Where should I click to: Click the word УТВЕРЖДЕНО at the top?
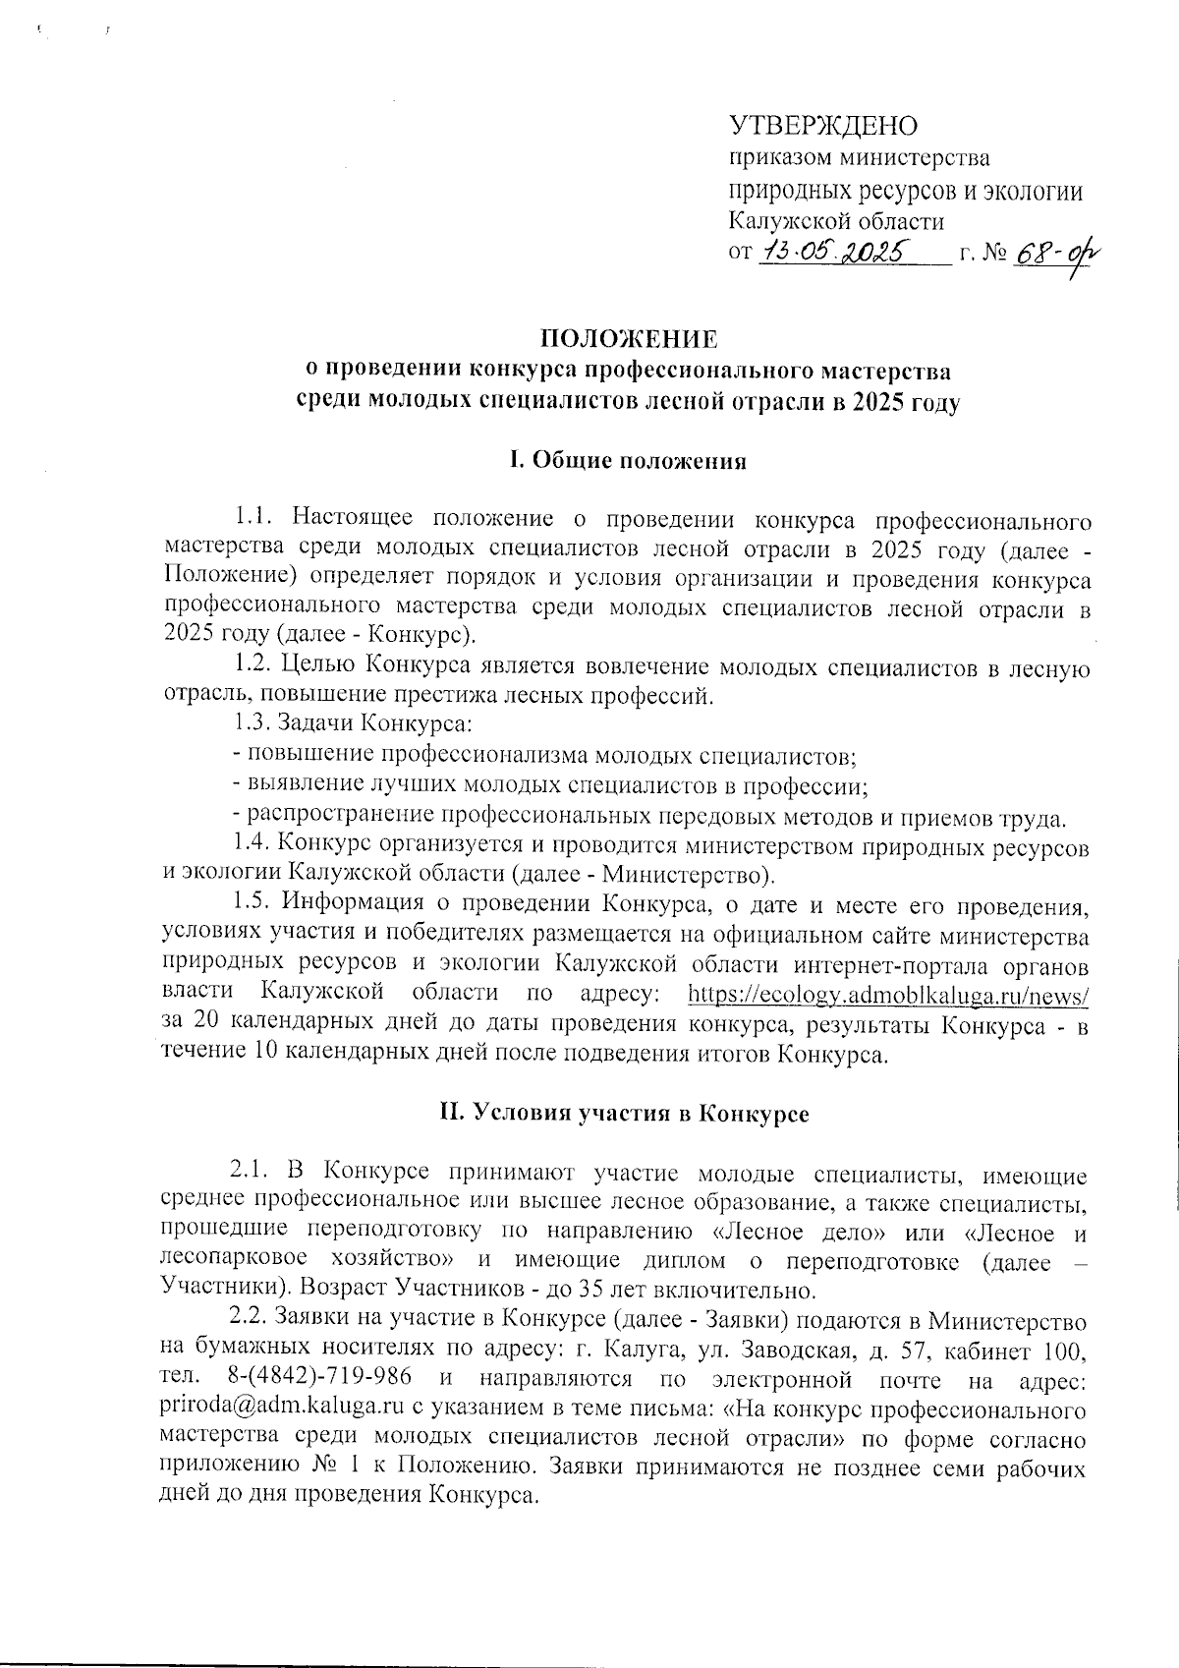[822, 126]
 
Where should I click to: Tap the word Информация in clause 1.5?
[354, 902]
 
